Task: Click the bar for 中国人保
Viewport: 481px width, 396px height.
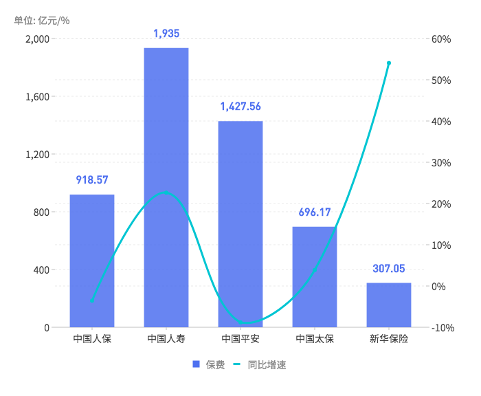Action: (x=92, y=261)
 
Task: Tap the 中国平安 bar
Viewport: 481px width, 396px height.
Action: (x=240, y=223)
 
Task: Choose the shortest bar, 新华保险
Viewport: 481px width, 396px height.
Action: (x=389, y=305)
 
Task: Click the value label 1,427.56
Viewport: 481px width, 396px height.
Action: (x=240, y=107)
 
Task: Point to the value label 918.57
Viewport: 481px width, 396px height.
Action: (x=92, y=180)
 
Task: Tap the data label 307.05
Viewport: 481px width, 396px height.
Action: (x=389, y=268)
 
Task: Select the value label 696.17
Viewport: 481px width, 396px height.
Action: (x=315, y=212)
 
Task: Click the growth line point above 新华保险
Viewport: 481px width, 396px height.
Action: (x=389, y=63)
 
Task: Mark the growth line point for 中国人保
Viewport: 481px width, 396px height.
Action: (x=92, y=301)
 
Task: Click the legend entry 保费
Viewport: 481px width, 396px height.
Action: (x=209, y=365)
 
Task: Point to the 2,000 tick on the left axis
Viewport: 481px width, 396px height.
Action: (x=37, y=39)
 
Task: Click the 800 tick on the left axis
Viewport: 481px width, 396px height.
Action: (x=42, y=212)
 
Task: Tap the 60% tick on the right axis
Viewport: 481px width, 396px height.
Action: (x=441, y=39)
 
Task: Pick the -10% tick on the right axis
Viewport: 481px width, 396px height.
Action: (x=443, y=328)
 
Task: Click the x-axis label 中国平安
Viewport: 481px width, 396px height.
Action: (x=240, y=339)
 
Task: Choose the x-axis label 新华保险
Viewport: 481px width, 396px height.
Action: (x=389, y=339)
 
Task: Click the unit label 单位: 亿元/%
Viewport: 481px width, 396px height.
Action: (x=42, y=20)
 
